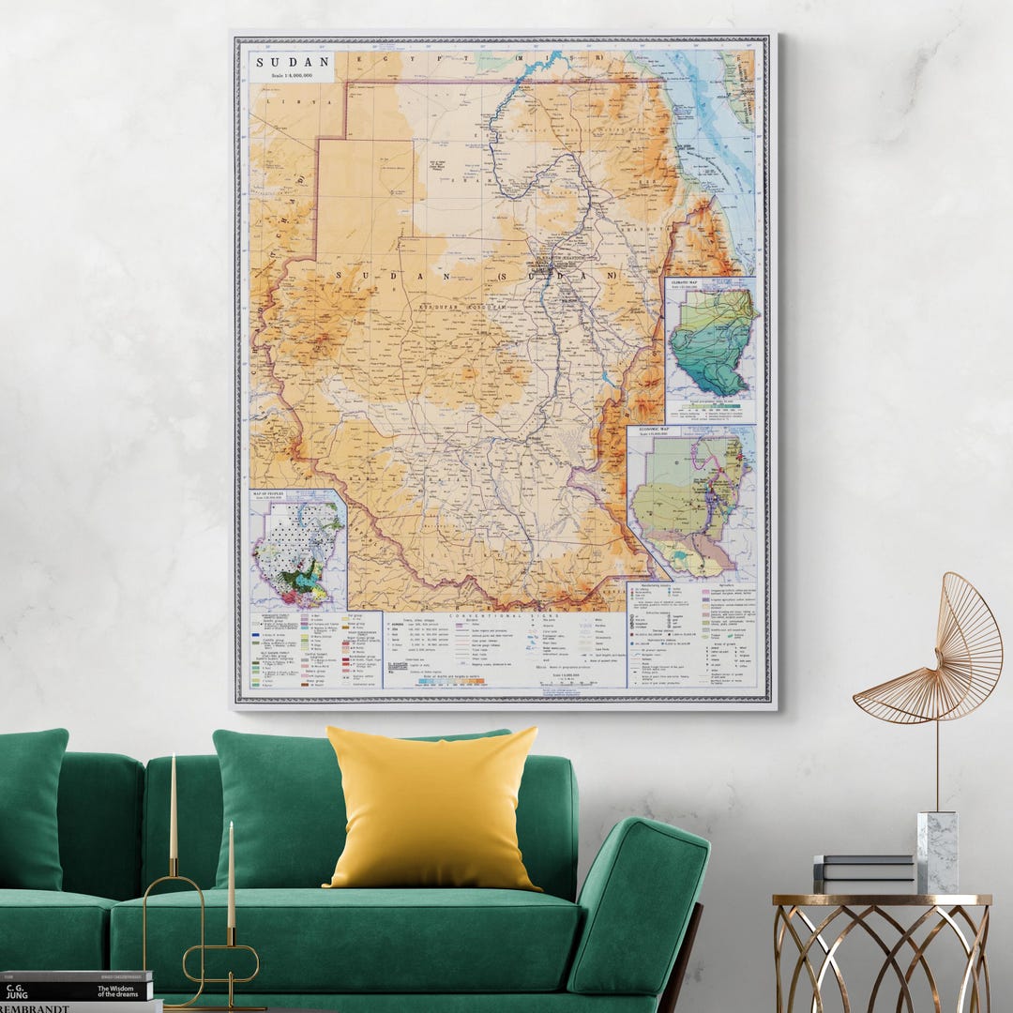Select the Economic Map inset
point(692,502)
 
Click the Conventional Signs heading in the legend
point(487,616)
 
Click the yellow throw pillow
point(432,808)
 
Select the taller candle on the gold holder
point(174,807)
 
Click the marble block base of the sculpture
point(936,852)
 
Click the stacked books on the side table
point(863,873)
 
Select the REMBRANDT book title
point(42,1006)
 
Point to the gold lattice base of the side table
point(882,957)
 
